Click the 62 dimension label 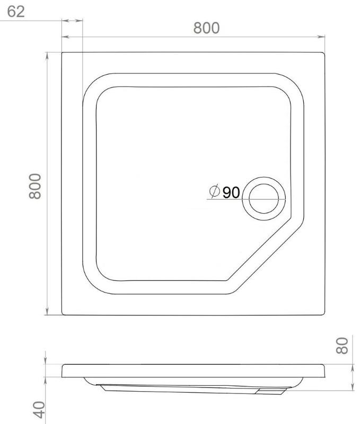(16, 11)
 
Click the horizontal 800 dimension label (206, 28)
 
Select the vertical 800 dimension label (35, 187)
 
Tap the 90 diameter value (231, 192)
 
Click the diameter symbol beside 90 (215, 191)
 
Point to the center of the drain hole (264, 199)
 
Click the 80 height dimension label (342, 346)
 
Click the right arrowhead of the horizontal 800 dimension (321, 37)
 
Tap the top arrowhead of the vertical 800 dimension (47, 56)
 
